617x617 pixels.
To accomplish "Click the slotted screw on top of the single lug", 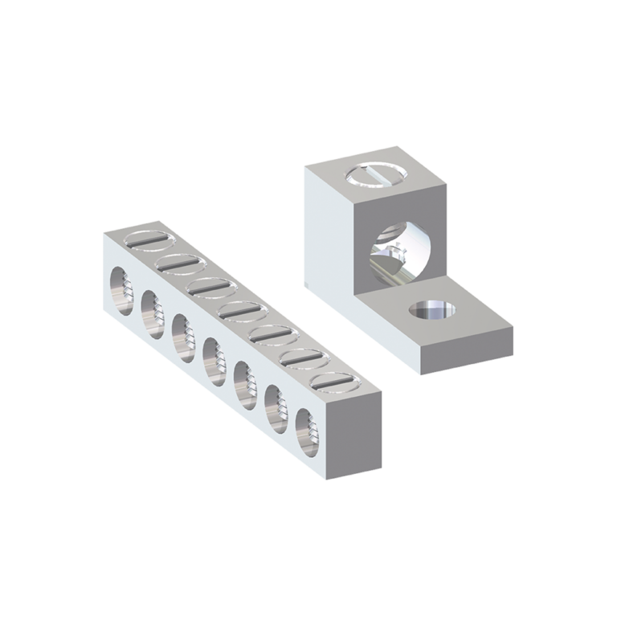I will (377, 173).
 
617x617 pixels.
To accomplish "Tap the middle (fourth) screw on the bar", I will (239, 308).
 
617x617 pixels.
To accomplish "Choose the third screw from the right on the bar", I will (271, 333).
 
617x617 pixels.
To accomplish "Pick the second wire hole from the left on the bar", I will (152, 308).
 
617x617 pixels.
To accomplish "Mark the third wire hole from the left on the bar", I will (182, 331).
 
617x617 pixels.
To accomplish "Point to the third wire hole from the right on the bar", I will (244, 378).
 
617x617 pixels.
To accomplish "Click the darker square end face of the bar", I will (353, 434).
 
